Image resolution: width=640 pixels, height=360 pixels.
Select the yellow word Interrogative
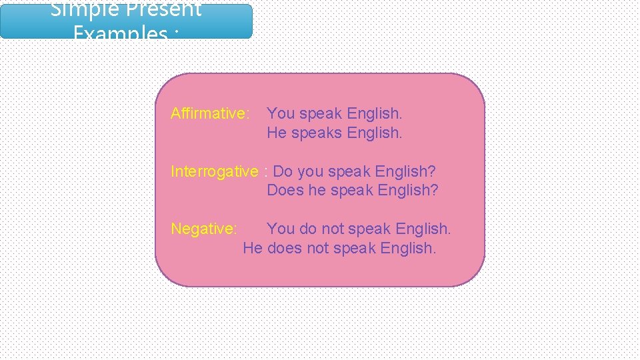[214, 171]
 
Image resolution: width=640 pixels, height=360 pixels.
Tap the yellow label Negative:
[204, 229]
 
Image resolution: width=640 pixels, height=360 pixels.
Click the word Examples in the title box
[119, 33]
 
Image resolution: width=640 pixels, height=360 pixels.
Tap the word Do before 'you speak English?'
[283, 171]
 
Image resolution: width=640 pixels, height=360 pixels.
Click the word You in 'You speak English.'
[281, 114]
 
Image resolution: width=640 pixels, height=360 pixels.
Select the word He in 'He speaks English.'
[277, 133]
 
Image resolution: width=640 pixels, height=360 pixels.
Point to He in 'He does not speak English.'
[253, 249]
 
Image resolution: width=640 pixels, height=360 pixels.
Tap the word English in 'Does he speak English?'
[407, 191]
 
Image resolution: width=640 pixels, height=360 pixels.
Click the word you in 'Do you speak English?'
[310, 172]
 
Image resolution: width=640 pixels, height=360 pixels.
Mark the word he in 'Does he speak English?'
[315, 191]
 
